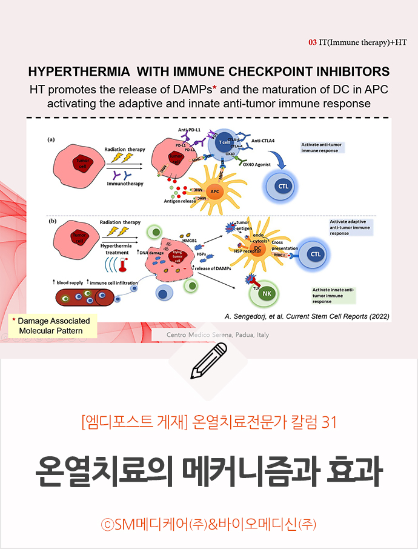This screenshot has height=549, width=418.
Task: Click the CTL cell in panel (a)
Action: tap(283, 186)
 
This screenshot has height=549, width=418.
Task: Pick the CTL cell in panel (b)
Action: tap(315, 255)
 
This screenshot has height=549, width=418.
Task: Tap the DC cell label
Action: tap(257, 248)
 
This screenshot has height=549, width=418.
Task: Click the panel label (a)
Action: tap(53, 139)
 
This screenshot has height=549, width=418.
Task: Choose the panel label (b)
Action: tap(53, 221)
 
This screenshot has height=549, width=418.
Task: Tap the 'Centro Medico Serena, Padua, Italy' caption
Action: tap(218, 335)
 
